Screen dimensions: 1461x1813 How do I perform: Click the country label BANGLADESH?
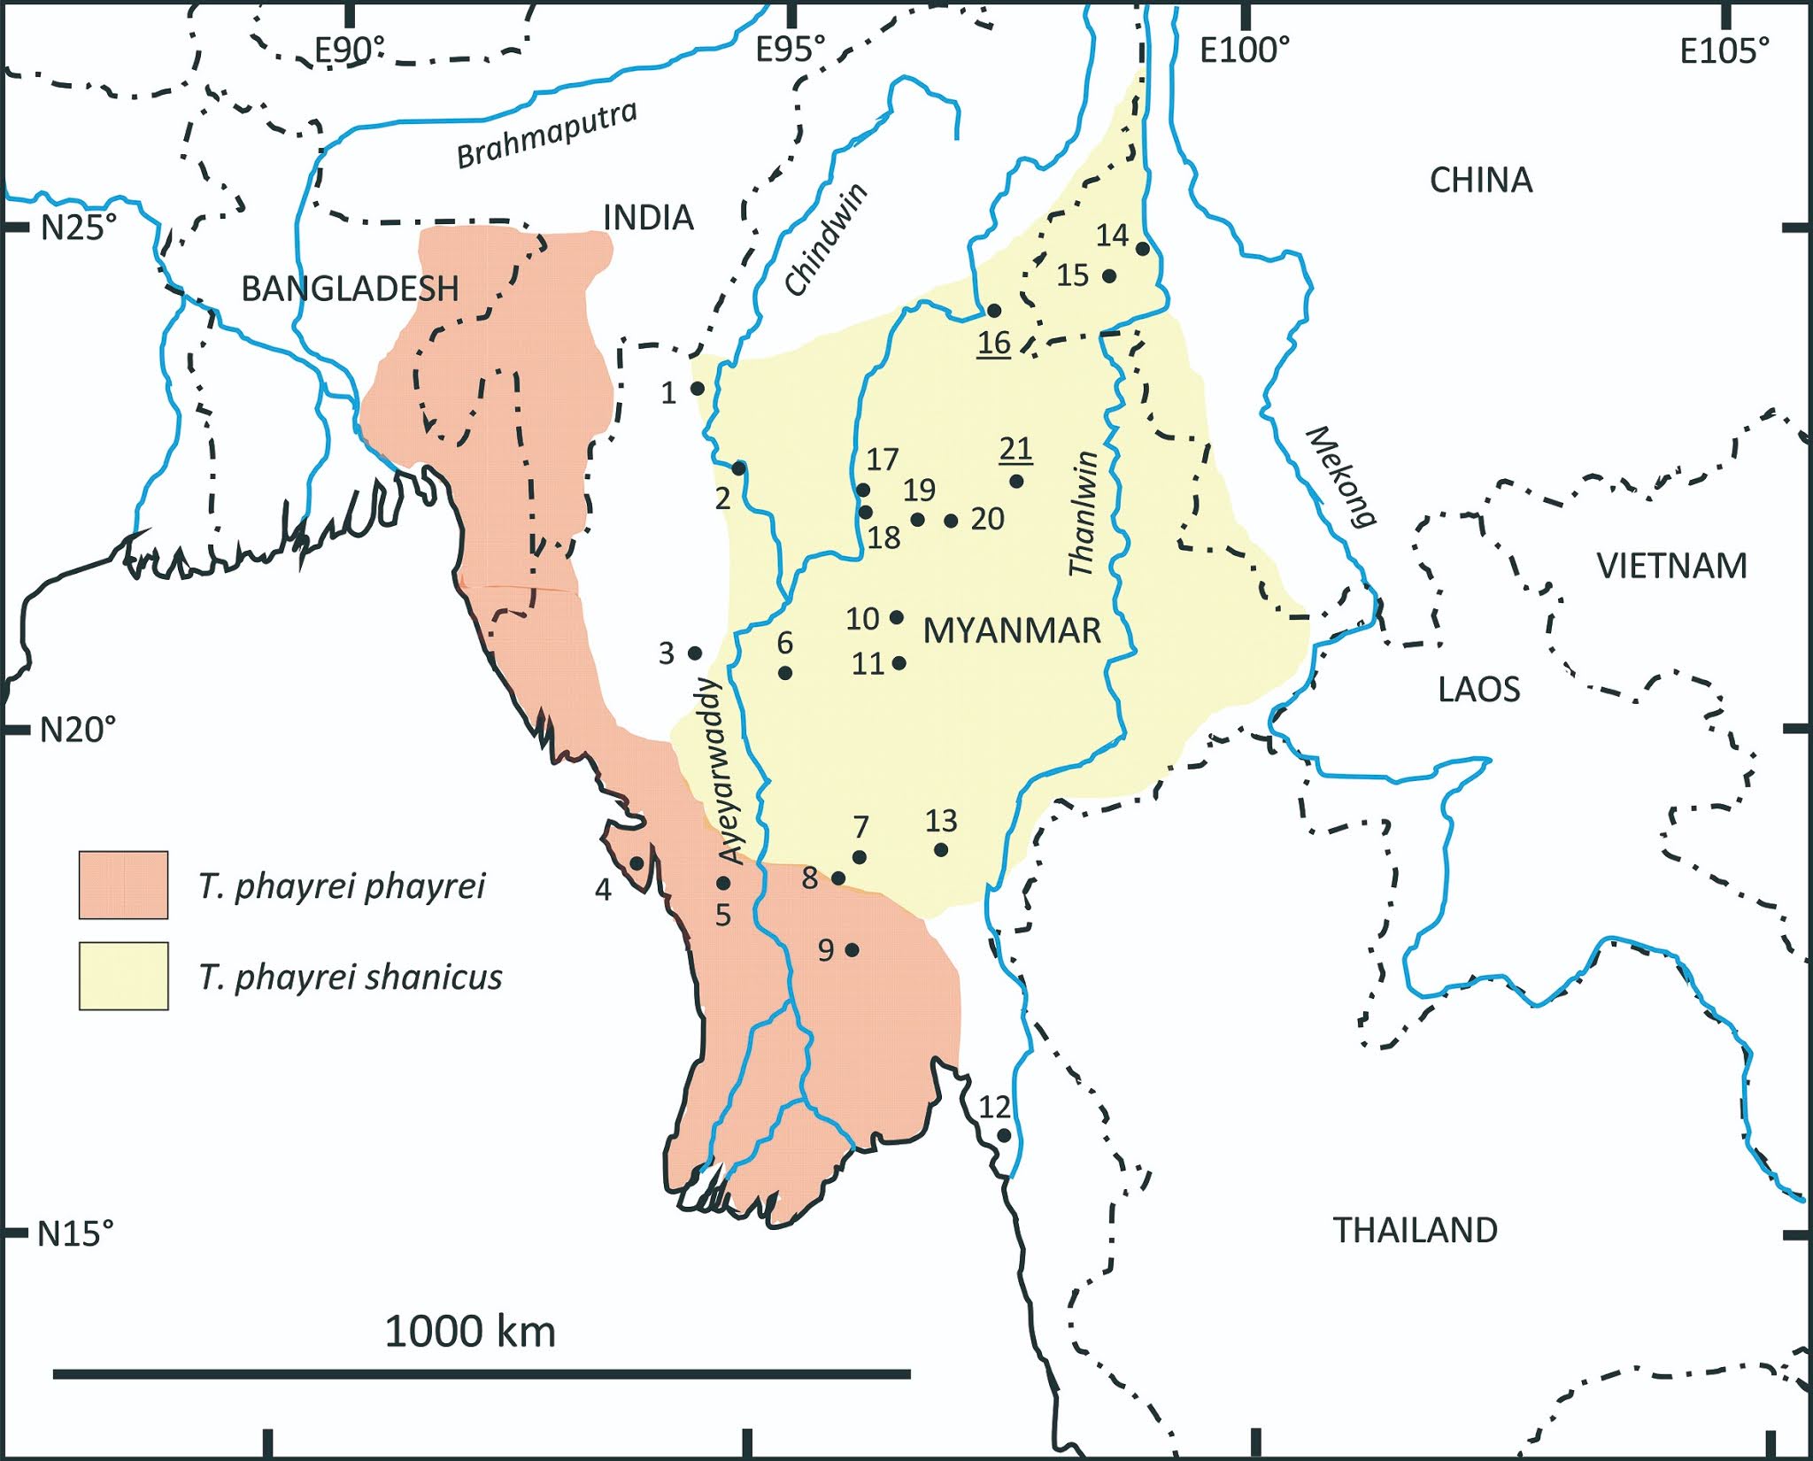click(x=350, y=289)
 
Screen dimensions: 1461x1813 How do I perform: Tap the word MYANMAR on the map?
click(x=1012, y=630)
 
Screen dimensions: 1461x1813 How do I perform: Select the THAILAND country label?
click(x=1415, y=1230)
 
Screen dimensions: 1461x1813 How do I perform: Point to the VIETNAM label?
click(x=1671, y=565)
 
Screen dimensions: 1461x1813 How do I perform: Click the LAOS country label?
click(x=1478, y=689)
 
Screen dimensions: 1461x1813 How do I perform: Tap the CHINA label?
click(x=1480, y=180)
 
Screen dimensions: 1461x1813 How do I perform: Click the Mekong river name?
click(x=1341, y=476)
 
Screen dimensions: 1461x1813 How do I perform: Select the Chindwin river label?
click(x=826, y=240)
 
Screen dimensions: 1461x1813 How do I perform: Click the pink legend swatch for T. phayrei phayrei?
click(x=123, y=885)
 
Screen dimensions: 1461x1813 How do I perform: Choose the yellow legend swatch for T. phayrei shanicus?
click(x=123, y=976)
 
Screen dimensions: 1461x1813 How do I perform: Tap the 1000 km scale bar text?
click(x=469, y=1331)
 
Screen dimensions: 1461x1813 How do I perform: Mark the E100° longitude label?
click(x=1244, y=50)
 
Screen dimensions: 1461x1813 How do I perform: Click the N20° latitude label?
click(x=78, y=730)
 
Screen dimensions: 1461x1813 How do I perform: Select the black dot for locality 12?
click(x=1004, y=1135)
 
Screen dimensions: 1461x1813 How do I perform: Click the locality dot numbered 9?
click(x=852, y=950)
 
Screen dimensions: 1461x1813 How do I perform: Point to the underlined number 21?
click(x=1015, y=450)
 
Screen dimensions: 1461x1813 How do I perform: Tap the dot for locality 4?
click(x=636, y=863)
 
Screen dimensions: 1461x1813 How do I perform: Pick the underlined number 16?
click(x=993, y=342)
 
